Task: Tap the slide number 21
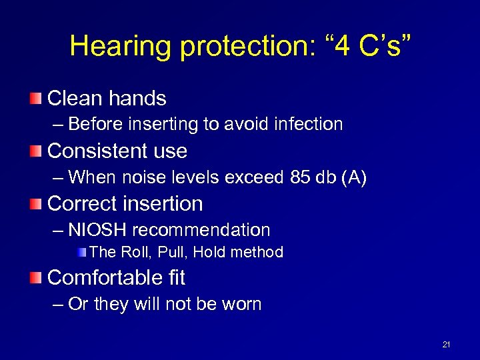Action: click(x=446, y=345)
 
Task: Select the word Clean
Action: click(x=72, y=99)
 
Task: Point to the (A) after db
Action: click(x=354, y=177)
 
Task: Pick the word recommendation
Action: click(x=201, y=231)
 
